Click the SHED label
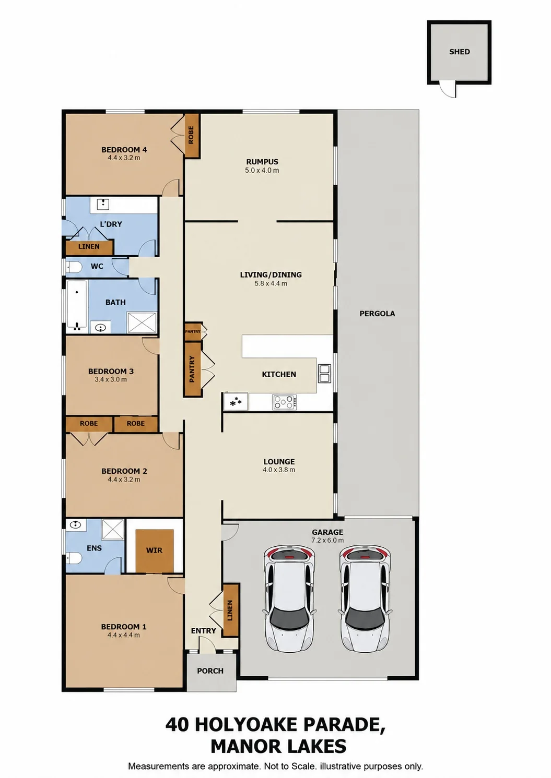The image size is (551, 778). coord(459,52)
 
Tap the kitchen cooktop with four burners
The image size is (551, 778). coord(284,402)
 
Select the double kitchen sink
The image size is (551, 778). coord(324,374)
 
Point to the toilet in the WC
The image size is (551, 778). coord(74,267)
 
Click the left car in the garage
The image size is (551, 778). coord(289,599)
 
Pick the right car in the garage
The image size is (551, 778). coord(365,599)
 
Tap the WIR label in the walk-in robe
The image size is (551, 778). coord(154,550)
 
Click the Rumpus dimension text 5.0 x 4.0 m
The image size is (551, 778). coord(262,171)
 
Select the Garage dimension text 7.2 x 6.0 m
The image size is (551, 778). coord(327,540)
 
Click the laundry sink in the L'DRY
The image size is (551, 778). coord(103,204)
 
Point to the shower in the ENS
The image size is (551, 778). coord(113,530)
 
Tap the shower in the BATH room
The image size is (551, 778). coord(142,322)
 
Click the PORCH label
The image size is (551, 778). coord(210,671)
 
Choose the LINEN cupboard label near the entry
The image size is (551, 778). coord(230,611)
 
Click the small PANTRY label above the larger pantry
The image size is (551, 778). coord(193,331)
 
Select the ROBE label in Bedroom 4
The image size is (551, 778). coord(191,135)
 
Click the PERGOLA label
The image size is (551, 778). coord(377,314)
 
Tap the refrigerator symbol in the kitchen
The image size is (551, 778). coord(236,402)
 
